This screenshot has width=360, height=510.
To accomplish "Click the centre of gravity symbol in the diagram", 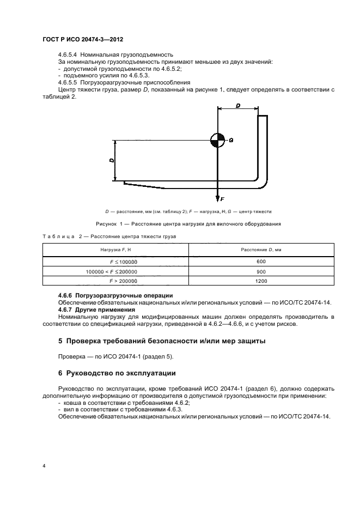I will (217, 140).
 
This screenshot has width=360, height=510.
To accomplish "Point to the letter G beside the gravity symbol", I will (231, 140).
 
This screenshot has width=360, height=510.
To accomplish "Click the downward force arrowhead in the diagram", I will (217, 197).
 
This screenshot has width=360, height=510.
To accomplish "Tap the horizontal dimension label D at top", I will (238, 106).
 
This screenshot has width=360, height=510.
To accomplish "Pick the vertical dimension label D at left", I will (111, 161).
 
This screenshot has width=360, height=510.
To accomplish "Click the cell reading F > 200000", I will (123, 281).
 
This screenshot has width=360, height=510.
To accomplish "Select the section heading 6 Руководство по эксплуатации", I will (117, 373).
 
